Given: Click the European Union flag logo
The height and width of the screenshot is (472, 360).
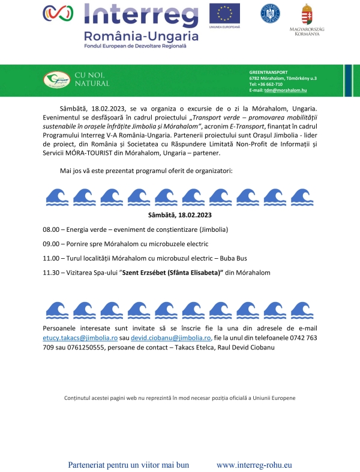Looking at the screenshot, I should [224, 13].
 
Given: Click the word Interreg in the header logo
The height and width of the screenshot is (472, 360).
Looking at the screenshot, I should [141, 14].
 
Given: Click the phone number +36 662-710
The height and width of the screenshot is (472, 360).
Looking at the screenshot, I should [269, 84].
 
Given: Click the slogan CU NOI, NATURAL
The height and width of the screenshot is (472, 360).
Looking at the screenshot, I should [92, 79].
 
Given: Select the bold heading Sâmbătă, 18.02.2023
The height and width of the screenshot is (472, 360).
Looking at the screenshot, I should [179, 214].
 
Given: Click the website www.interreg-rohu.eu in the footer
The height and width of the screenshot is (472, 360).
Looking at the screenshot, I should [254, 465].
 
